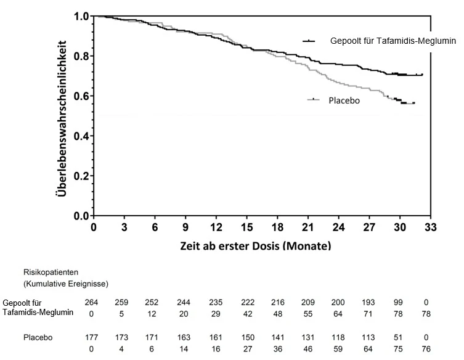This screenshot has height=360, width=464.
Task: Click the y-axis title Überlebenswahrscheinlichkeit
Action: tap(61, 118)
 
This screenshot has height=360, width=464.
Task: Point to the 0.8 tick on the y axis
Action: tap(92, 56)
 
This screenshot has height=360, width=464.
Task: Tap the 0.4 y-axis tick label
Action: tap(81, 136)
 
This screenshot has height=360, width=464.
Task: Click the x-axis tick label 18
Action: tap(277, 227)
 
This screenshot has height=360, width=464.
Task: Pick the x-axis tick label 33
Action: tap(430, 227)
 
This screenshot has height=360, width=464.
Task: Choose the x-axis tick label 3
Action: tap(124, 227)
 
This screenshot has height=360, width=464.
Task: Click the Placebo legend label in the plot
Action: tap(344, 100)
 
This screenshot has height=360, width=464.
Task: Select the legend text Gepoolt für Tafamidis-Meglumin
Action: tap(393, 41)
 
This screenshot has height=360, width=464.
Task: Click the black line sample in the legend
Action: tap(309, 41)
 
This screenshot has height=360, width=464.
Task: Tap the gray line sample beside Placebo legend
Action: tap(314, 99)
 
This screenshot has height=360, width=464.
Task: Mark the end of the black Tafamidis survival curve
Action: tap(422, 75)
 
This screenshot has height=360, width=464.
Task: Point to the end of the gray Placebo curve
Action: tap(414, 103)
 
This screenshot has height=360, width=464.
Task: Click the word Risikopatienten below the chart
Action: tap(51, 272)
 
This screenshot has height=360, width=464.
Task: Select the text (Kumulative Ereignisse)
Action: tap(66, 284)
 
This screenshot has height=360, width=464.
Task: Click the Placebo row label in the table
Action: tap(38, 338)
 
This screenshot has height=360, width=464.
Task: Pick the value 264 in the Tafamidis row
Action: tap(91, 302)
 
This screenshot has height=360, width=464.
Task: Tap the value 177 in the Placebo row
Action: tap(91, 338)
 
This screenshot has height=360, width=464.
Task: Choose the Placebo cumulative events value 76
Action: tap(426, 349)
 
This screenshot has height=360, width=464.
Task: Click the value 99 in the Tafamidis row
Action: tap(398, 302)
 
